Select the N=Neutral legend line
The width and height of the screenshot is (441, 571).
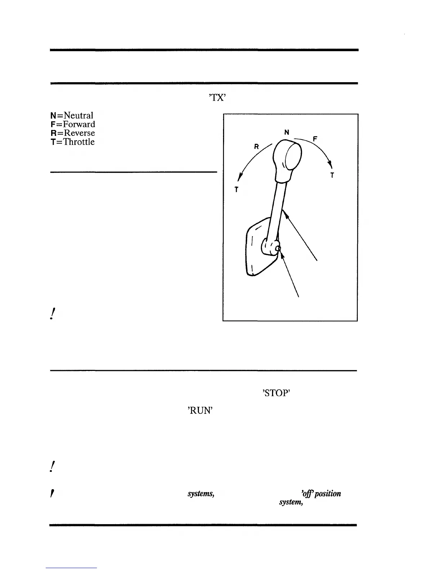[72, 115]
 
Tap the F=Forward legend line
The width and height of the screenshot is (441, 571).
[73, 124]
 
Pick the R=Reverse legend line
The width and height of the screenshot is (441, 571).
[73, 133]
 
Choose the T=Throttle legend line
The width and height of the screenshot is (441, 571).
[73, 142]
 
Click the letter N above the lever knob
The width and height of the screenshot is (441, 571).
[287, 132]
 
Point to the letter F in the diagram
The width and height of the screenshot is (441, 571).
[315, 138]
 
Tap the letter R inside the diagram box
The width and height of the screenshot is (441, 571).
[257, 147]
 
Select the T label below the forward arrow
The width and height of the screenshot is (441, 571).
[332, 176]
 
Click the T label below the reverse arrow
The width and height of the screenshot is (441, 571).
[236, 190]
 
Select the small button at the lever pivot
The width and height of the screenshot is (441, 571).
[278, 248]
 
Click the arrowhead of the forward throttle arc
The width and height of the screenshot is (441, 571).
[329, 165]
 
